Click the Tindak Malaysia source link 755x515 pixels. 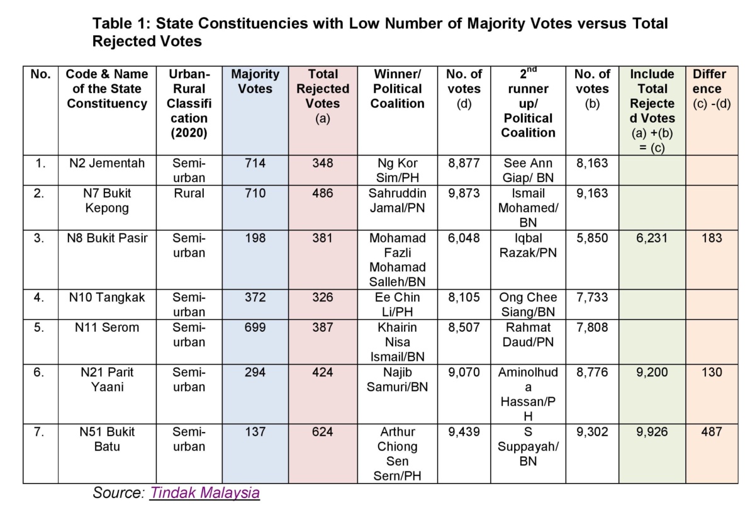[204, 492]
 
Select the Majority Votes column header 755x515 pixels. [255, 82]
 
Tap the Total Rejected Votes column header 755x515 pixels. [322, 96]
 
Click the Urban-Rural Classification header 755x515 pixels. [187, 103]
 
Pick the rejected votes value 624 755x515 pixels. [322, 432]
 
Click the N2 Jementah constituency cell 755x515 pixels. [107, 163]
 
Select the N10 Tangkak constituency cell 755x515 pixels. [107, 297]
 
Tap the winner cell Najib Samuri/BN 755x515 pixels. [397, 380]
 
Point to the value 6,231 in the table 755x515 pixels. [652, 238]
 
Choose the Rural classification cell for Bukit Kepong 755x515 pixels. [187, 193]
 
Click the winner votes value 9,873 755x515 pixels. [464, 193]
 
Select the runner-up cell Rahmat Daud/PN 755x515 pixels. [528, 335]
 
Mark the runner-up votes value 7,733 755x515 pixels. [592, 297]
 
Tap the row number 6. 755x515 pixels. [40, 372]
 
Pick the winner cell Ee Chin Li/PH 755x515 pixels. [397, 304]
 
